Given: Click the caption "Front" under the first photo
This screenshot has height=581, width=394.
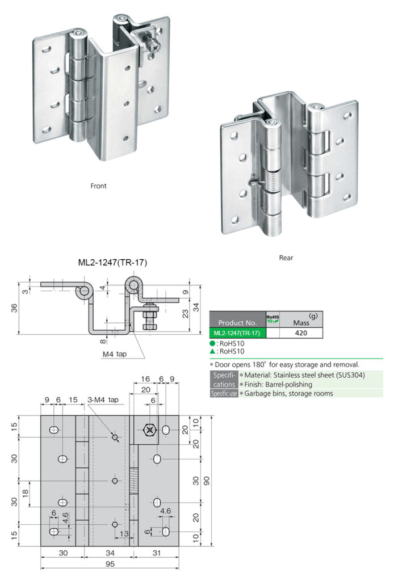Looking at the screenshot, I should pyautogui.click(x=98, y=186).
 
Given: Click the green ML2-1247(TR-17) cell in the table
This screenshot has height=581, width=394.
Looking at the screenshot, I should pyautogui.click(x=237, y=333).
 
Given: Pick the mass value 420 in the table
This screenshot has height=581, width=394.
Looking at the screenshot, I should pyautogui.click(x=301, y=333).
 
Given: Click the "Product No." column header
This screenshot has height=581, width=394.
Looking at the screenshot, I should pyautogui.click(x=237, y=322).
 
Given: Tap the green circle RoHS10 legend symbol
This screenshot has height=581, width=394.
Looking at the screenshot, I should pyautogui.click(x=212, y=344).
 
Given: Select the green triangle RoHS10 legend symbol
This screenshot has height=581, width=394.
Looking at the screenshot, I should pyautogui.click(x=212, y=352).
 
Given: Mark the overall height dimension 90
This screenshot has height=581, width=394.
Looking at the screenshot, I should pyautogui.click(x=208, y=481).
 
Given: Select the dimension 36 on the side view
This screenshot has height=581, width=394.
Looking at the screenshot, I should pyautogui.click(x=14, y=308).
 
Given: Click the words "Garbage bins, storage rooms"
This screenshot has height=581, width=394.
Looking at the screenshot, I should pyautogui.click(x=288, y=393).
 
